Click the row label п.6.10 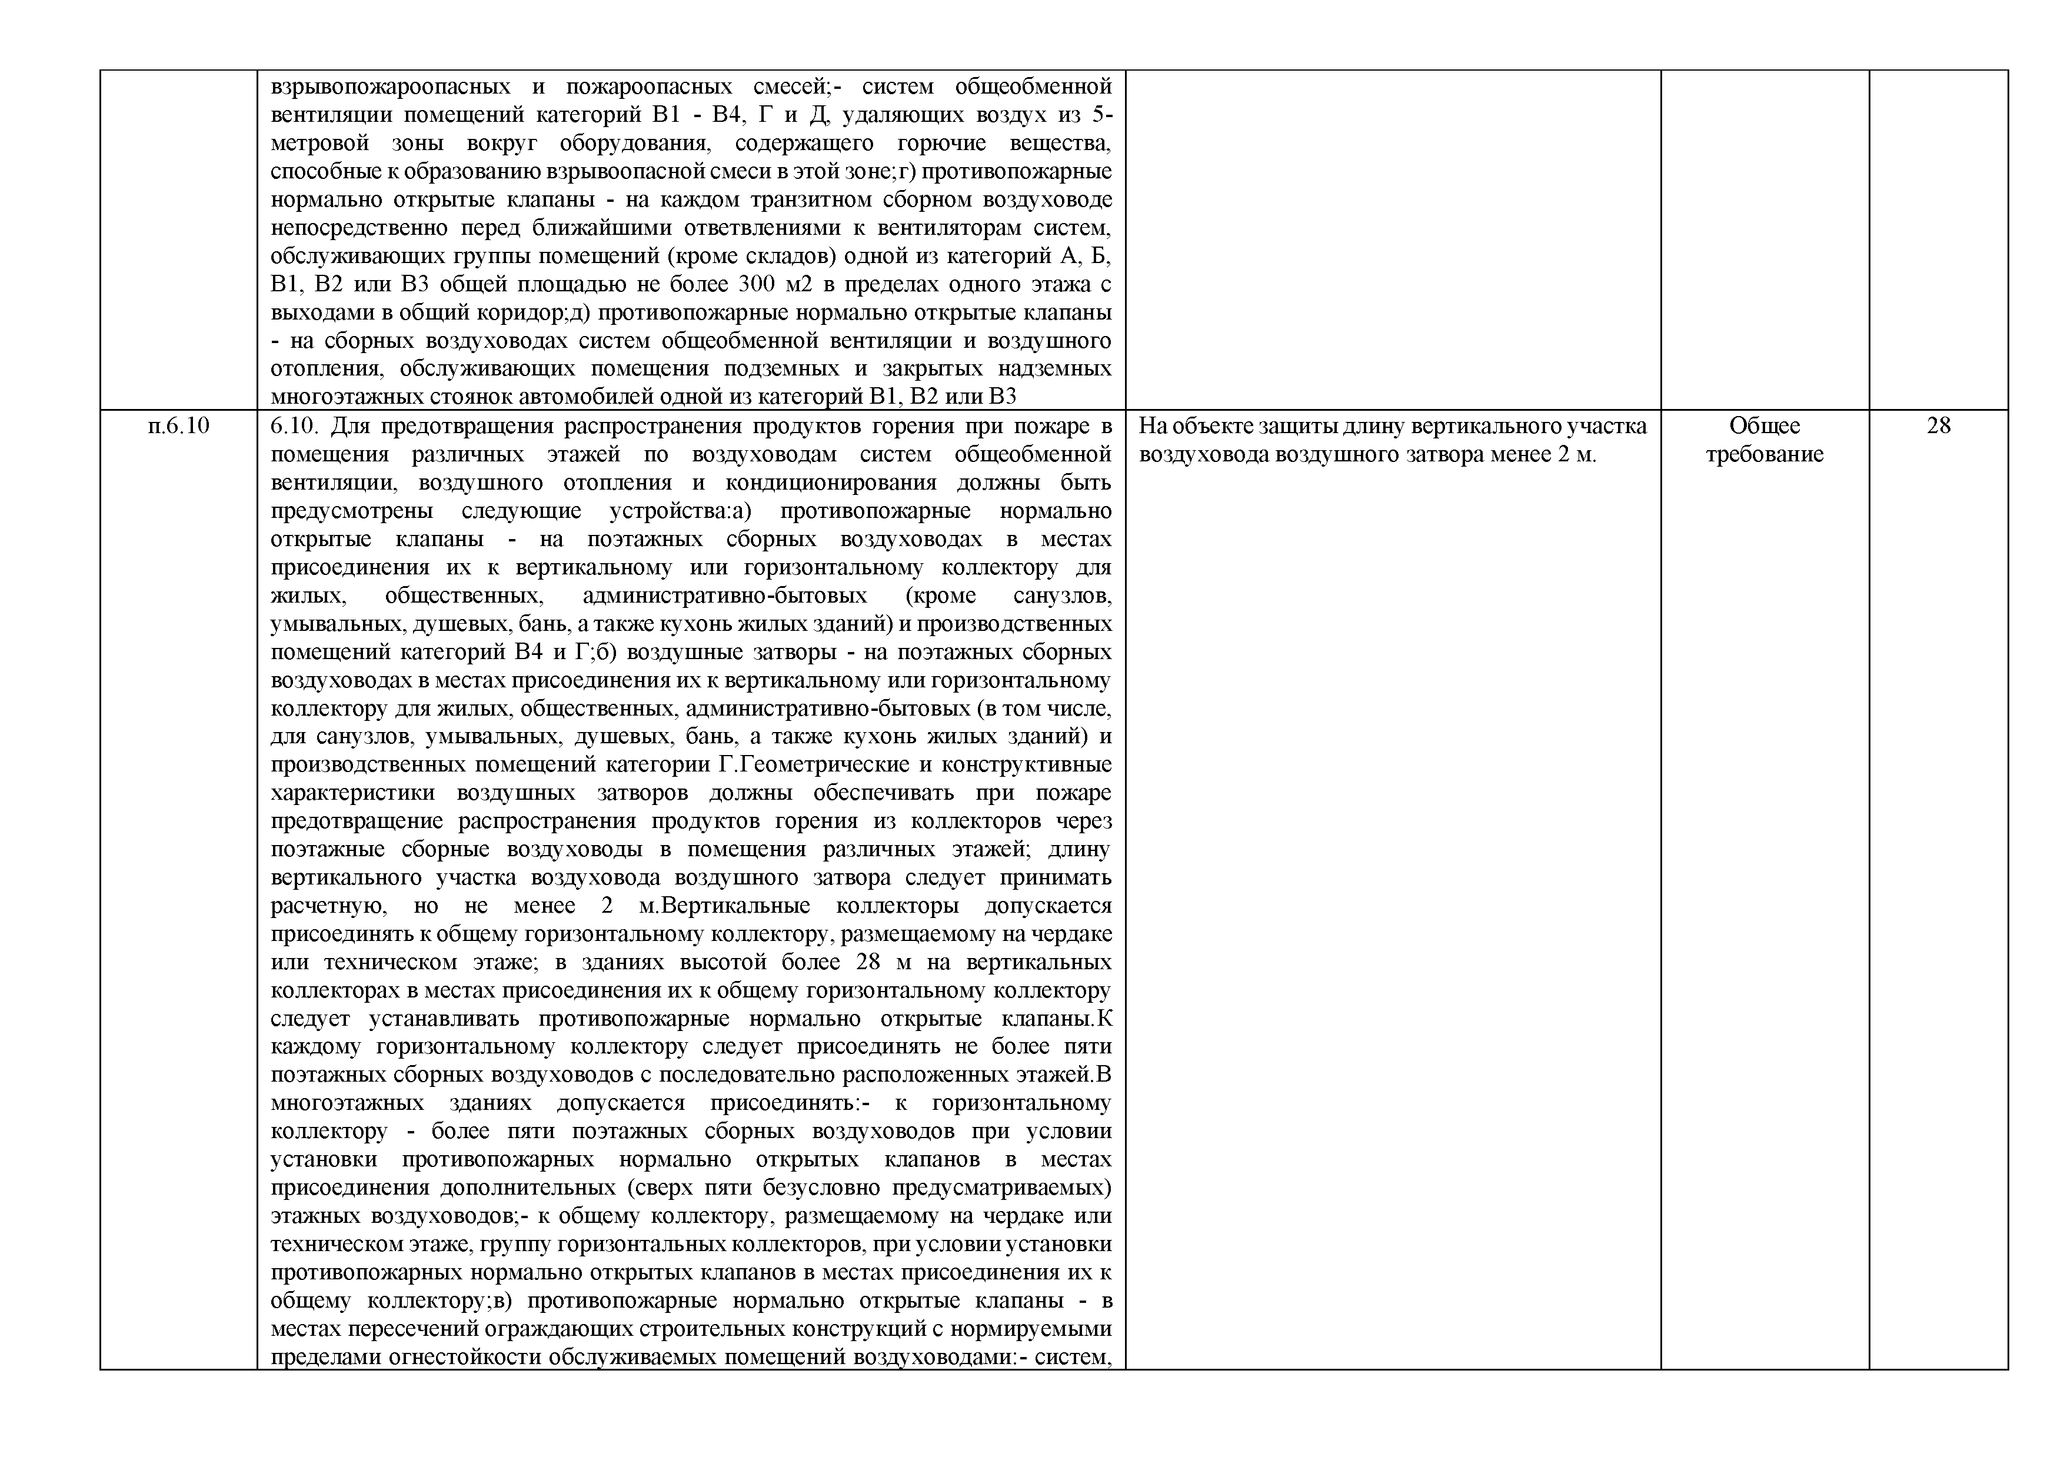pyautogui.click(x=178, y=425)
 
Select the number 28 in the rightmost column pyautogui.click(x=1939, y=425)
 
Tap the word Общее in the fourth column pyautogui.click(x=1765, y=425)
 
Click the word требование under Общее pyautogui.click(x=1765, y=454)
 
